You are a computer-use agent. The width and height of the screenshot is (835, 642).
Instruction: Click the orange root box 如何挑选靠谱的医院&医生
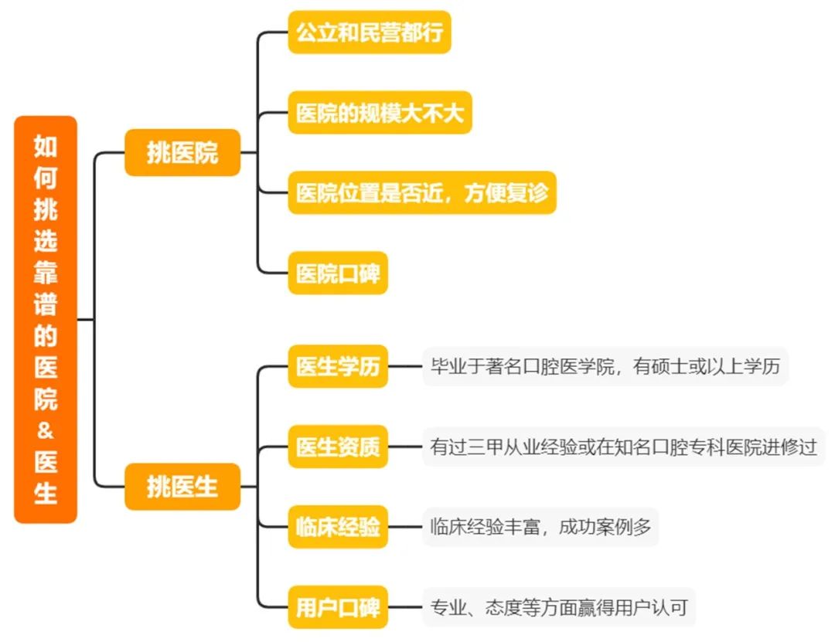pyautogui.click(x=46, y=319)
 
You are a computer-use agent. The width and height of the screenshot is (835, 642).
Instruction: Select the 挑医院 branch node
pyautogui.click(x=182, y=153)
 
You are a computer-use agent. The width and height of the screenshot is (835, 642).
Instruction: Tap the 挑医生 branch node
pyautogui.click(x=182, y=487)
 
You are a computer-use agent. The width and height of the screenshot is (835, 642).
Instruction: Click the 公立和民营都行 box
pyautogui.click(x=370, y=32)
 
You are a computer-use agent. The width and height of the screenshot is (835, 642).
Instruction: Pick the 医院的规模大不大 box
pyautogui.click(x=380, y=112)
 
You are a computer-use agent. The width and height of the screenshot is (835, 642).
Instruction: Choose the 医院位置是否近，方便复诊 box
pyautogui.click(x=422, y=192)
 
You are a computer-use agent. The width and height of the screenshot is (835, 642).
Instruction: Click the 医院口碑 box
pyautogui.click(x=338, y=273)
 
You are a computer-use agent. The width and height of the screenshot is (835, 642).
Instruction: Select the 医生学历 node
pyautogui.click(x=338, y=366)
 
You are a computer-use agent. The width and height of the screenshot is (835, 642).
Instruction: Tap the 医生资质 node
pyautogui.click(x=338, y=447)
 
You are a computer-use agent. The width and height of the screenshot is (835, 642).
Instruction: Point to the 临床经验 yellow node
pyautogui.click(x=338, y=527)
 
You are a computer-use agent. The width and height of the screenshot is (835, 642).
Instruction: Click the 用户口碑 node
pyautogui.click(x=338, y=607)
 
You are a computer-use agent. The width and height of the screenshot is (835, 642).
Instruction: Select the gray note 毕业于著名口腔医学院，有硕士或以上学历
pyautogui.click(x=605, y=366)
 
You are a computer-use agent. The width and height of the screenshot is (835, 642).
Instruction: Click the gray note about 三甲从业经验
pyautogui.click(x=624, y=447)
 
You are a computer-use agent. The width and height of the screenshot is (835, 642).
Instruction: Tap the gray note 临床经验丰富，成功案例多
pyautogui.click(x=540, y=527)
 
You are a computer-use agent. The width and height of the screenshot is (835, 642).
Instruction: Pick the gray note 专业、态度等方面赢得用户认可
pyautogui.click(x=559, y=607)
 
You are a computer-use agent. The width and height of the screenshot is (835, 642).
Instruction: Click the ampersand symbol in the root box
pyautogui.click(x=46, y=430)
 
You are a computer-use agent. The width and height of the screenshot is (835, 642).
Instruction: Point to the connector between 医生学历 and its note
pyautogui.click(x=405, y=366)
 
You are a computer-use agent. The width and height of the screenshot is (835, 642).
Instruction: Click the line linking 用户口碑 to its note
pyautogui.click(x=405, y=607)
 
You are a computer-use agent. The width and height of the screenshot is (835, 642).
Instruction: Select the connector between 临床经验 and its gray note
pyautogui.click(x=405, y=527)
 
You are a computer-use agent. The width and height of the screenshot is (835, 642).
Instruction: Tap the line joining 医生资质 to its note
pyautogui.click(x=405, y=447)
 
